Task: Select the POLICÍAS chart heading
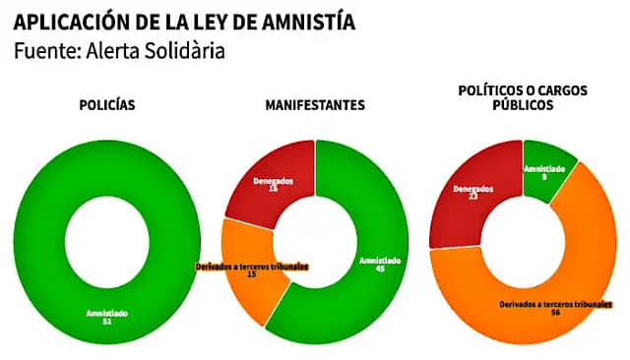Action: [106, 104]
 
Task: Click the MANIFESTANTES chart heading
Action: [314, 104]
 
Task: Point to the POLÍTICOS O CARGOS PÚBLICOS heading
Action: [523, 96]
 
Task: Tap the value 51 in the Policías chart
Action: [107, 322]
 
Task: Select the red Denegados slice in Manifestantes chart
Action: [266, 177]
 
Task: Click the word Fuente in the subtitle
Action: [44, 49]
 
